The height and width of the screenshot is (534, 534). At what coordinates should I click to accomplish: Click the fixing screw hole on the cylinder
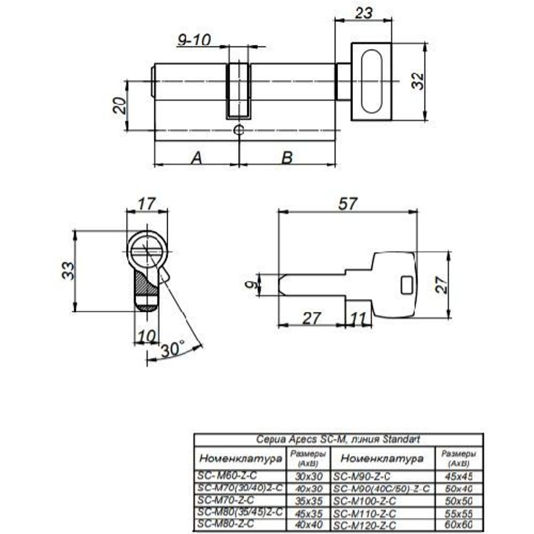click(239, 130)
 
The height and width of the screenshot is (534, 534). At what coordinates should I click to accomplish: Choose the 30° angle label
click(172, 349)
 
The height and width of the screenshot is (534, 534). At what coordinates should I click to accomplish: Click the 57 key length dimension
click(347, 203)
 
